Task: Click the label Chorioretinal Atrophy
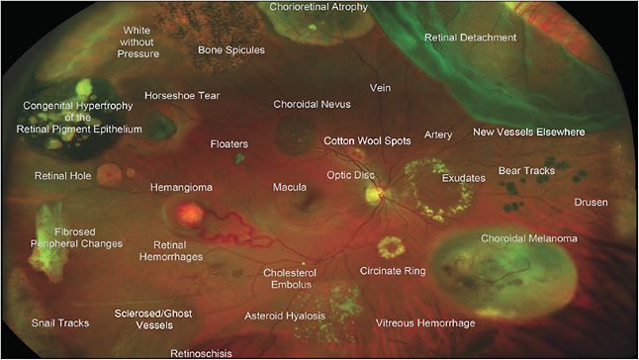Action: pos(319,7)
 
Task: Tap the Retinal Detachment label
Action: pos(470,38)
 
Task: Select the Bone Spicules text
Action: pos(230,49)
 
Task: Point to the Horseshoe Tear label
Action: pos(181,96)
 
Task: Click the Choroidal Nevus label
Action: pos(312,104)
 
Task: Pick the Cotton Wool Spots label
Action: pos(367,141)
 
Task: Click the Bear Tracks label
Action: pos(525,171)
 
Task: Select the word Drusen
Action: pos(592,203)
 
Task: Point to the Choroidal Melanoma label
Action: pos(527,239)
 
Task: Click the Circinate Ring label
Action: pos(392,269)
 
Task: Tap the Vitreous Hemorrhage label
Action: pos(425,323)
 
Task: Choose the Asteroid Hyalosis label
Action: pos(286,316)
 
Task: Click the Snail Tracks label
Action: pos(60,323)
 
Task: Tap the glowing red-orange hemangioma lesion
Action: pos(188,214)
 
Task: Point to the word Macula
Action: pos(290,186)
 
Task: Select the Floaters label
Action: pos(228,144)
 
